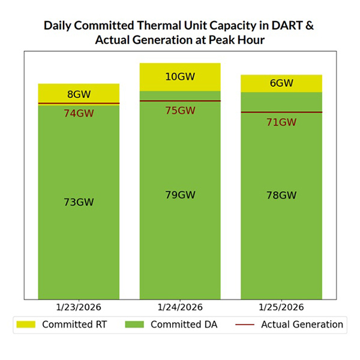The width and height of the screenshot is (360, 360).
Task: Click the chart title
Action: pos(179,33)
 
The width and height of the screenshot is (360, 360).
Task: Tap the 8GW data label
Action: pos(79,94)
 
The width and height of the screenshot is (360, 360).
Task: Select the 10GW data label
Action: pos(180,76)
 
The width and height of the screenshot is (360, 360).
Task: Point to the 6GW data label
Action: pos(281,83)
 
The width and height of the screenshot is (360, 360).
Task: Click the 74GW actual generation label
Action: pos(79,113)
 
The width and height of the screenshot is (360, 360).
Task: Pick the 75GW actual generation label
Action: pos(180,110)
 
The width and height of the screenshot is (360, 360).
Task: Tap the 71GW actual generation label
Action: pos(281,122)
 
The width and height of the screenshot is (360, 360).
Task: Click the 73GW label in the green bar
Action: pos(79,202)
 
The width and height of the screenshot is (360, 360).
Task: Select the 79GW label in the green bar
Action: pos(180,195)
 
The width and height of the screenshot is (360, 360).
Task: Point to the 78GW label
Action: pos(281,196)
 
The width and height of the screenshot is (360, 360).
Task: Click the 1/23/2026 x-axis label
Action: pos(79,307)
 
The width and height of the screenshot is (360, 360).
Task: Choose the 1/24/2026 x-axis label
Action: pos(180,307)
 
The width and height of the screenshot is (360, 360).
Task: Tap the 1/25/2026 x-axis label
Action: pos(281,307)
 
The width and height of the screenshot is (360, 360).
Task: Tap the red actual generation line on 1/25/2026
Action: pos(281,112)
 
